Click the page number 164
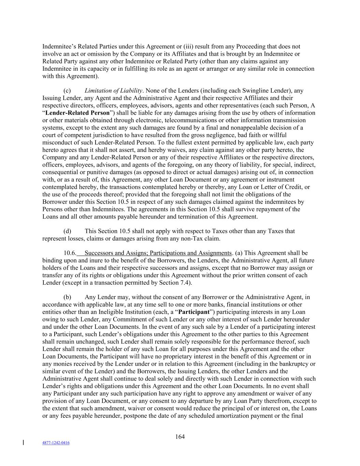tap(180, 437)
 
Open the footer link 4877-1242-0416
tap(56, 443)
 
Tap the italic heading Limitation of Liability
tap(113, 91)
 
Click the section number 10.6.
tap(70, 253)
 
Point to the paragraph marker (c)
tap(67, 91)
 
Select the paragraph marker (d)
tap(67, 231)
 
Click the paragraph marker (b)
tap(67, 297)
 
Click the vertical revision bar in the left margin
tap(23, 443)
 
